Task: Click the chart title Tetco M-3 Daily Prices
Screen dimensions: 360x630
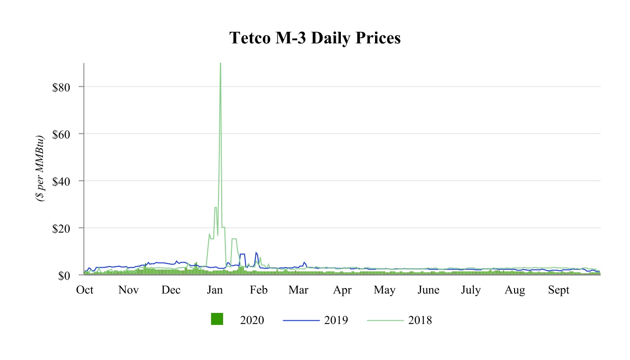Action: click(x=315, y=38)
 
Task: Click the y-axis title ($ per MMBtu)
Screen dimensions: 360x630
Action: click(x=40, y=169)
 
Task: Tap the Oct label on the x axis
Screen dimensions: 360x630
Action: click(x=85, y=290)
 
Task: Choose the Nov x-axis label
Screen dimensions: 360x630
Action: click(x=128, y=290)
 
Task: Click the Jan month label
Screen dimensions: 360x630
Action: click(x=215, y=290)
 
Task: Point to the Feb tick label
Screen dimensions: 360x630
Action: click(x=259, y=290)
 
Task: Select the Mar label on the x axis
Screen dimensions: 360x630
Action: click(x=298, y=290)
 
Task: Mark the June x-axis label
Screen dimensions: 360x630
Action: click(x=428, y=290)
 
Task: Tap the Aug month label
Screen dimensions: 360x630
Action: click(x=515, y=290)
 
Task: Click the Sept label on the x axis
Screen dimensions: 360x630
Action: click(x=558, y=290)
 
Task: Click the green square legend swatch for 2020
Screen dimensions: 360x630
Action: click(x=217, y=319)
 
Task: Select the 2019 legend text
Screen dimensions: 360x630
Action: click(x=336, y=320)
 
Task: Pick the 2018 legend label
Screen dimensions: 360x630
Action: click(x=420, y=320)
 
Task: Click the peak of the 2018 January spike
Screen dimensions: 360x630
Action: click(x=220, y=64)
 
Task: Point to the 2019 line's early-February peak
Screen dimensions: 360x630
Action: click(x=256, y=252)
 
